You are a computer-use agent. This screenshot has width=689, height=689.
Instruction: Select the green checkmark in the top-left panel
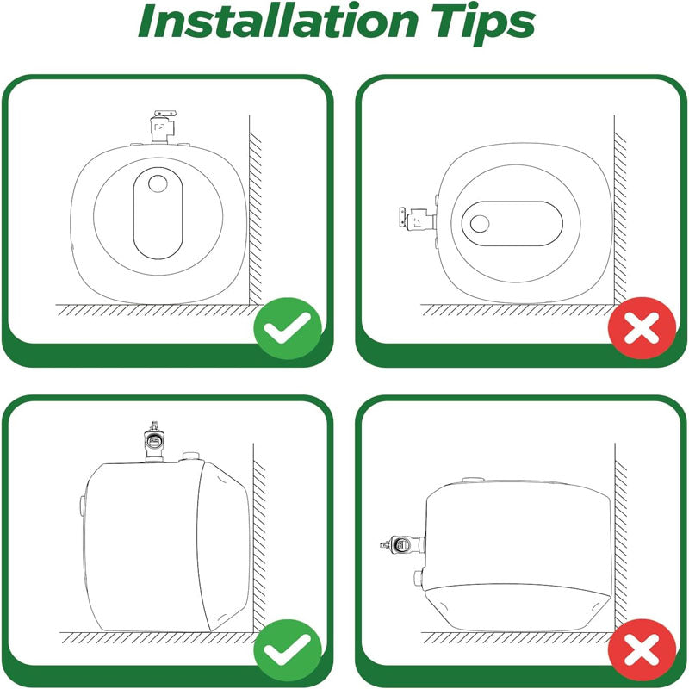287,327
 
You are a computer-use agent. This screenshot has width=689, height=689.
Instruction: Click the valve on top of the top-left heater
161,127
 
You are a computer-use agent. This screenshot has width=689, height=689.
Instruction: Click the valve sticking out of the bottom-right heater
399,544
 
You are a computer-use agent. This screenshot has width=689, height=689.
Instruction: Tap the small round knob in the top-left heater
158,184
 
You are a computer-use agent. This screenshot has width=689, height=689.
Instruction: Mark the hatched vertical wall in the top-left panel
256,215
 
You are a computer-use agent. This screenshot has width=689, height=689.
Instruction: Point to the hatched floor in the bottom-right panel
517,638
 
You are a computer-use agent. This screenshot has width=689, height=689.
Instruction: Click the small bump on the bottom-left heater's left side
81,503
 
